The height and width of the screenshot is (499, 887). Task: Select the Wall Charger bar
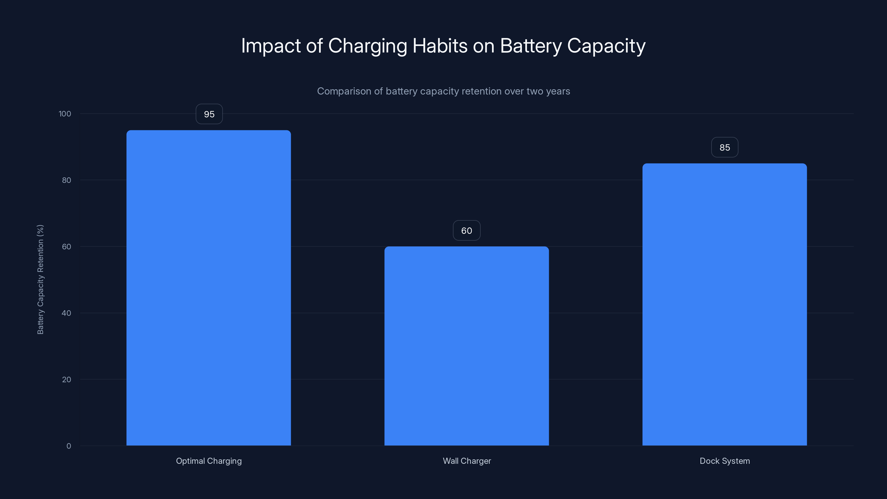pos(467,346)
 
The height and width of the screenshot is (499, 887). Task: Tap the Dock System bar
pos(725,304)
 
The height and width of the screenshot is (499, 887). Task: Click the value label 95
pos(209,114)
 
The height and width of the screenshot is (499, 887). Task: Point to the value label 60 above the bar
pos(467,230)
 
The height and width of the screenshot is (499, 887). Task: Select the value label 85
pos(725,147)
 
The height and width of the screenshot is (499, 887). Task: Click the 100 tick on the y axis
pos(65,114)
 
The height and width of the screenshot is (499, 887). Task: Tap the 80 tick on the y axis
pos(67,180)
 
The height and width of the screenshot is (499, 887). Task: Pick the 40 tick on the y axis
pos(67,313)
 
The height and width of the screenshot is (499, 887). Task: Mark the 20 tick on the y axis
pos(67,380)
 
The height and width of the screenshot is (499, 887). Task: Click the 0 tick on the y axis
pos(68,446)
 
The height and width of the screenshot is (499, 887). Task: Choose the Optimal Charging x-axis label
pos(209,461)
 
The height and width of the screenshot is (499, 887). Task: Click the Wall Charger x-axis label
pos(467,461)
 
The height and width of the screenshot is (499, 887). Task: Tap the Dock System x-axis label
pos(725,461)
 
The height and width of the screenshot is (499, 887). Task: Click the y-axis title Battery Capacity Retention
pos(40,279)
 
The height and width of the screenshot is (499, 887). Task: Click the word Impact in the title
pos(271,46)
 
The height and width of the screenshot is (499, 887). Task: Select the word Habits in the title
pos(440,46)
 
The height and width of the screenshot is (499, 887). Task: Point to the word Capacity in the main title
pos(606,46)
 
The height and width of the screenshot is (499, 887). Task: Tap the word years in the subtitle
pos(559,91)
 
